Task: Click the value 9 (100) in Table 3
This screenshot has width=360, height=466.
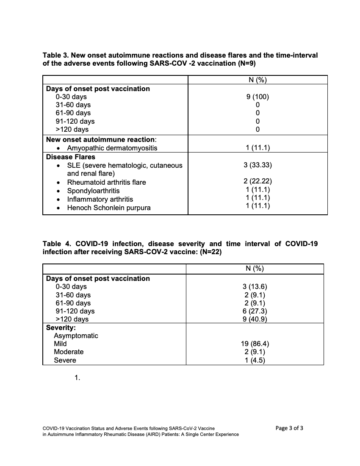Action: point(258,97)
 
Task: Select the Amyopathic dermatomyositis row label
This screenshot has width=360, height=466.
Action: point(112,148)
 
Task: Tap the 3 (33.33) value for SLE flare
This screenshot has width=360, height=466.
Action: point(258,165)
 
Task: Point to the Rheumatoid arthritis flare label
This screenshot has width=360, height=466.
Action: point(106,182)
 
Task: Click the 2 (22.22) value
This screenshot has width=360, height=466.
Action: point(258,182)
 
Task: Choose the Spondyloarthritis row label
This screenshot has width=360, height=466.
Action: point(93,191)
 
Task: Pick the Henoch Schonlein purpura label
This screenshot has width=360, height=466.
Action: point(109,208)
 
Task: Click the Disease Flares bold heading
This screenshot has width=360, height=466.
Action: point(71,157)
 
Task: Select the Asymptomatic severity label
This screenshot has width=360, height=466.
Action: point(76,336)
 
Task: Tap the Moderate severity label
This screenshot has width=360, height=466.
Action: point(69,352)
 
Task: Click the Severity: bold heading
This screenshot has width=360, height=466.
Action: point(61,327)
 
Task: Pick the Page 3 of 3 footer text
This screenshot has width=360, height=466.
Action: point(289,428)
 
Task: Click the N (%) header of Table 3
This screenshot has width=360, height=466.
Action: point(258,80)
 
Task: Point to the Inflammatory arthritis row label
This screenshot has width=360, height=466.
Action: point(100,199)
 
